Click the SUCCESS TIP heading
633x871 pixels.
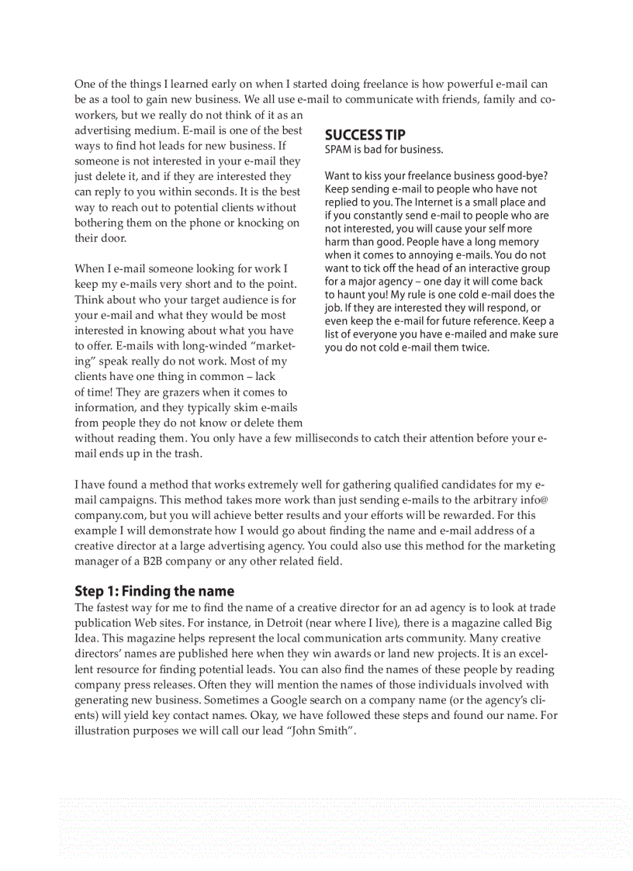(x=365, y=134)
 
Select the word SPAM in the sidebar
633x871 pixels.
(x=338, y=150)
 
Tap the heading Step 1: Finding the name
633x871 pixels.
(x=154, y=591)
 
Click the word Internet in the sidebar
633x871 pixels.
(x=420, y=202)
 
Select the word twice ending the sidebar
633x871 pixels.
(x=474, y=347)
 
